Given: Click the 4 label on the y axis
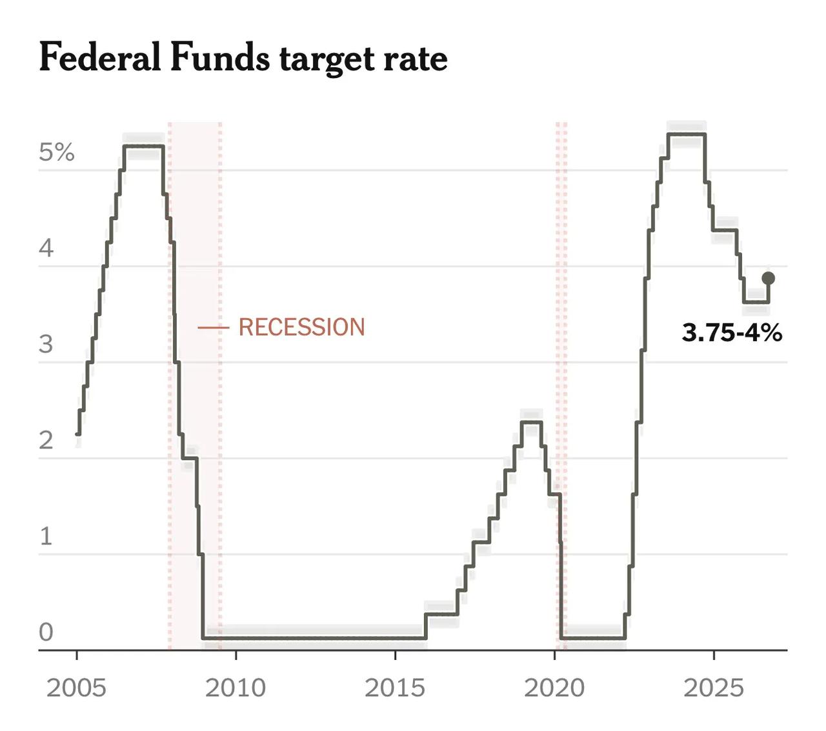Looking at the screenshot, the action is point(46,248).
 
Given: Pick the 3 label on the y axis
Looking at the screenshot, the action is point(46,344).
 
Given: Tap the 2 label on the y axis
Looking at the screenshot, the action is point(46,440).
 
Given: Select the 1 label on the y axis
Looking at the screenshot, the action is point(46,536).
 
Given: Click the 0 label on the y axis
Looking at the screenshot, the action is point(46,632).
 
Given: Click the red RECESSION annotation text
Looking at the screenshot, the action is point(302,327).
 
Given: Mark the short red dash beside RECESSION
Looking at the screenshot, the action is point(213,327).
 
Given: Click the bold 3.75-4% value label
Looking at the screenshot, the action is point(732,332).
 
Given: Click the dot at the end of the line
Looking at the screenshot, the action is point(768,279).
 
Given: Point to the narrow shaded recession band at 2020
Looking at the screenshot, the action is point(561,386).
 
